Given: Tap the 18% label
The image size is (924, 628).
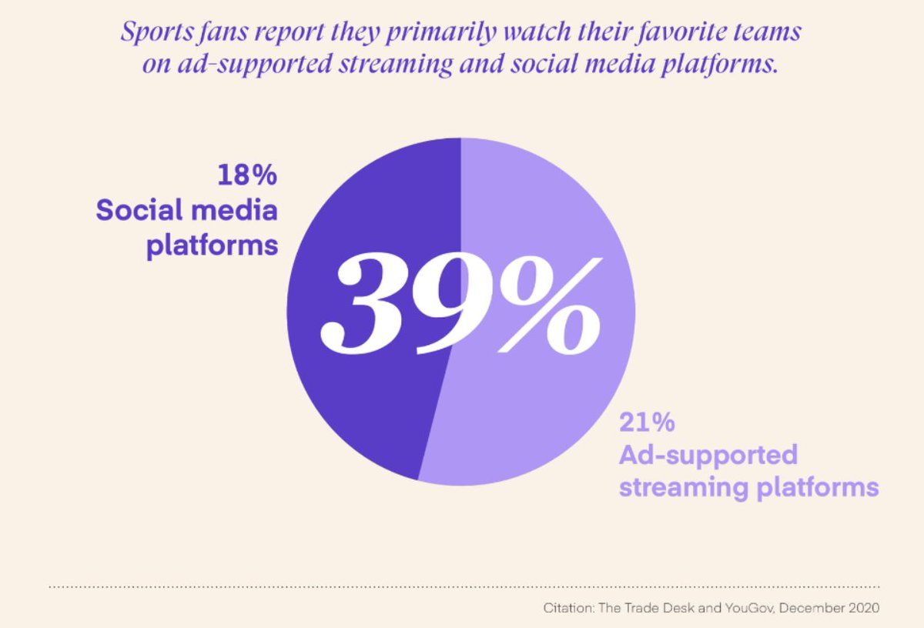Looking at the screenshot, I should pyautogui.click(x=246, y=175).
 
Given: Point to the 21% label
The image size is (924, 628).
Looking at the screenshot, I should pyautogui.click(x=647, y=423).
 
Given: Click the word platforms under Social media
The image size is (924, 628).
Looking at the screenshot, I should pyautogui.click(x=212, y=246).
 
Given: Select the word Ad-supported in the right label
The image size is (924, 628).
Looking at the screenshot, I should pyautogui.click(x=708, y=455).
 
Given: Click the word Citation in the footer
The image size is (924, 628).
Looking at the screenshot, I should pyautogui.click(x=566, y=608).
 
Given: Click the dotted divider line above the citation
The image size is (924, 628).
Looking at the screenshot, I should pyautogui.click(x=462, y=586).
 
